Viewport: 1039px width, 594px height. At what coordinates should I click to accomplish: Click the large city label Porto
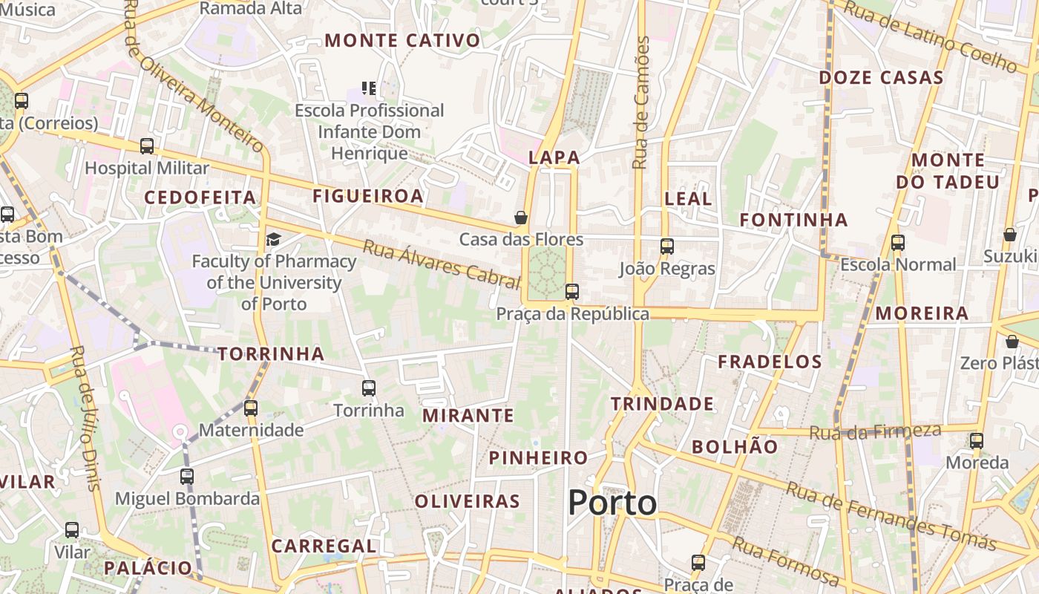pyautogui.click(x=612, y=503)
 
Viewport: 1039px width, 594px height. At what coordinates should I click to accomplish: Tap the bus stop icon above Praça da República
pyautogui.click(x=571, y=292)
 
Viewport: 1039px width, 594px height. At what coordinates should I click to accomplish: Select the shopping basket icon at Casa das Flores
pyautogui.click(x=521, y=218)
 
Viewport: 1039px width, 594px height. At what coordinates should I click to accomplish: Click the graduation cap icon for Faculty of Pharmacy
pyautogui.click(x=274, y=239)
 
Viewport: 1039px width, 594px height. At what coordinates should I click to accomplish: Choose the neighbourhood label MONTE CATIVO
pyautogui.click(x=402, y=41)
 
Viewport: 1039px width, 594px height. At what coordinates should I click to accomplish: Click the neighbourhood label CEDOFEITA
pyautogui.click(x=200, y=198)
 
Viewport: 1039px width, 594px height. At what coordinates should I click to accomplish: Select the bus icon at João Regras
pyautogui.click(x=667, y=247)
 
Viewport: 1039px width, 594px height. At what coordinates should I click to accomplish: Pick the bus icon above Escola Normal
pyautogui.click(x=898, y=242)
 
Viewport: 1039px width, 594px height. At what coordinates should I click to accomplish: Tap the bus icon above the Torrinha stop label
pyautogui.click(x=369, y=388)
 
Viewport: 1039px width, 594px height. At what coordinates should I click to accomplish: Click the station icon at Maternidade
pyautogui.click(x=251, y=408)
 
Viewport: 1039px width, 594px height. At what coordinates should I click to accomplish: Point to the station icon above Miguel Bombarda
pyautogui.click(x=187, y=476)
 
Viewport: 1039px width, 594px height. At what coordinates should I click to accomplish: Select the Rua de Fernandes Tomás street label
pyautogui.click(x=891, y=516)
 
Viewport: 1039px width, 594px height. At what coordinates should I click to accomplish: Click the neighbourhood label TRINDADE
pyautogui.click(x=662, y=404)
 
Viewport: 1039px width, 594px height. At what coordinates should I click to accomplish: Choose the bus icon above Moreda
pyautogui.click(x=977, y=440)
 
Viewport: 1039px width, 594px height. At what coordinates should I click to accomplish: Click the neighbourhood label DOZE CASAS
pyautogui.click(x=881, y=78)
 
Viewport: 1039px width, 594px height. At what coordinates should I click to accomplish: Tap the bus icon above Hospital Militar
pyautogui.click(x=147, y=146)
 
